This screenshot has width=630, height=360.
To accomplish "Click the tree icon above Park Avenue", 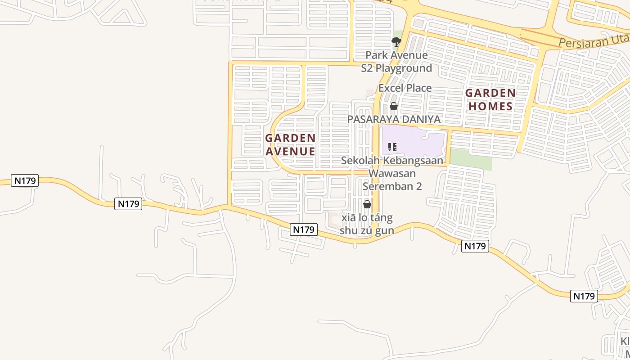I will [x=396, y=42].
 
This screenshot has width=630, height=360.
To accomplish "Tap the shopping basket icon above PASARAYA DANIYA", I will [x=394, y=107].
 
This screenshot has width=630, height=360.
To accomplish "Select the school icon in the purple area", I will [x=392, y=147].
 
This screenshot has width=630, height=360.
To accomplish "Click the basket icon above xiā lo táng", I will [x=367, y=204].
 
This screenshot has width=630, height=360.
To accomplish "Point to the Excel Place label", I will [x=405, y=88].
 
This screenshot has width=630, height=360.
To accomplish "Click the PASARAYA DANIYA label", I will [x=394, y=119].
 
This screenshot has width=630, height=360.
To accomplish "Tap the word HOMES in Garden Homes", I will [x=490, y=107].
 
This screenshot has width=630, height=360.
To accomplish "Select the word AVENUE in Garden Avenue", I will [x=290, y=151].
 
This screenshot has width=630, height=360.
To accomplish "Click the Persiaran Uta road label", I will [x=594, y=41].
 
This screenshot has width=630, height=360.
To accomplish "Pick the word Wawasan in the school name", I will [x=392, y=173].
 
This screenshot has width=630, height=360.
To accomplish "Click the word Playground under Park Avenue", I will [x=404, y=68].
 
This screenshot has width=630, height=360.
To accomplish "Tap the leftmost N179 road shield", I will [x=25, y=181].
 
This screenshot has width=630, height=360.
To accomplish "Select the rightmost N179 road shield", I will [x=584, y=296].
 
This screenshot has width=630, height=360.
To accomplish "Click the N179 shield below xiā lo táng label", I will [x=304, y=229].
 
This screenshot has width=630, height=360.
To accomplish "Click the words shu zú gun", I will [x=367, y=231].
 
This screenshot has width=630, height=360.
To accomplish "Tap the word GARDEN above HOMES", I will [x=490, y=93].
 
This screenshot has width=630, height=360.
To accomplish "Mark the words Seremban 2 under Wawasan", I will [x=392, y=186].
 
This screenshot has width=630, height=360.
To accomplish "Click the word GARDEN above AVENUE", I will [x=290, y=138].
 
